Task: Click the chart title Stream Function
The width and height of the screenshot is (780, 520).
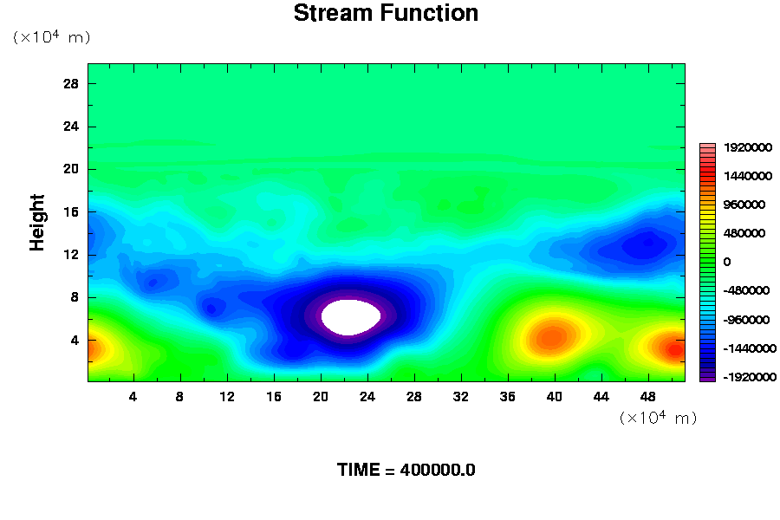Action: [386, 13]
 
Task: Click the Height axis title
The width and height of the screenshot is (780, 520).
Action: [36, 223]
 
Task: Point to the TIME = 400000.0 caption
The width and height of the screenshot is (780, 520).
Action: [406, 470]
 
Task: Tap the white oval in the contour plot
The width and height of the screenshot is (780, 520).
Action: [351, 317]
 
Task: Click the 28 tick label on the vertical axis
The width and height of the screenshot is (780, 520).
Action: [71, 83]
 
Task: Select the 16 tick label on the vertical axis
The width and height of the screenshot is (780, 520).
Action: [71, 212]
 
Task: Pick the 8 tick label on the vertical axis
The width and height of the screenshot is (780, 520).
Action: [75, 297]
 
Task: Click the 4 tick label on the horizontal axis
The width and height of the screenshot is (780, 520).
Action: [133, 397]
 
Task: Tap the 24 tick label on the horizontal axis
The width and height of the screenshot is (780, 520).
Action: [367, 397]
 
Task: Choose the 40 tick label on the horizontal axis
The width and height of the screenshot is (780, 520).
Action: [554, 397]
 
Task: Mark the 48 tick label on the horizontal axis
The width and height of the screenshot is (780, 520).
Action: [647, 397]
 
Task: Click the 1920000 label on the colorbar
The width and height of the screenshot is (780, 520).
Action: [748, 147]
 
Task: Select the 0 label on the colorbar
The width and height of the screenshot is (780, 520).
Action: [727, 262]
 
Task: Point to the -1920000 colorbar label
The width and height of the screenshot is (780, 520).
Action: [749, 377]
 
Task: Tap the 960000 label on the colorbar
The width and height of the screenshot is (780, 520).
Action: [744, 205]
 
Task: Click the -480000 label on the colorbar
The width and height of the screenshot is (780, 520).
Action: [746, 290]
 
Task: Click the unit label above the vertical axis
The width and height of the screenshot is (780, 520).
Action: [52, 36]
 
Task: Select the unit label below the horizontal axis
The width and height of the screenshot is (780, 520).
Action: [658, 417]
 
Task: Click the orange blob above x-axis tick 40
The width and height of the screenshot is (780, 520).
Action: [552, 337]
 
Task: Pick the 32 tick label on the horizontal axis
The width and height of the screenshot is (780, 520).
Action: [461, 397]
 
